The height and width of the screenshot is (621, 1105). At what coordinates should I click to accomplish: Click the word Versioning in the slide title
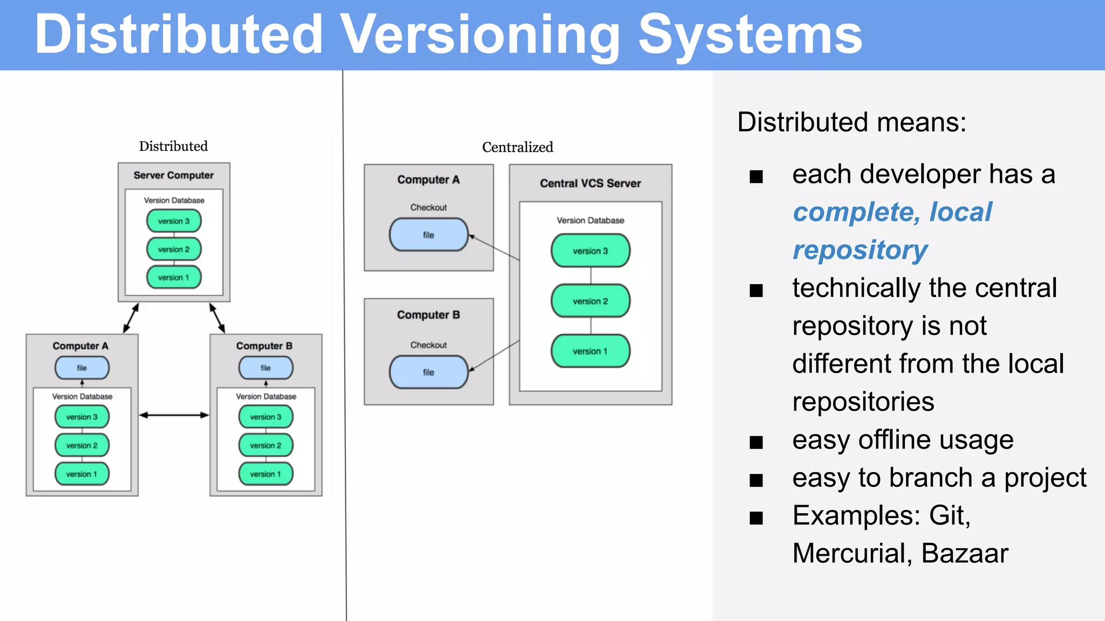pyautogui.click(x=480, y=34)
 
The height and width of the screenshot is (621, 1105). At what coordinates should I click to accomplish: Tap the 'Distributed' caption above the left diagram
pyautogui.click(x=173, y=146)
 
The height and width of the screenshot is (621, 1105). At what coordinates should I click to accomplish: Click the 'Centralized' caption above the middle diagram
pyautogui.click(x=517, y=147)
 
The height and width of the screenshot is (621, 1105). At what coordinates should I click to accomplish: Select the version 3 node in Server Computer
pyautogui.click(x=174, y=221)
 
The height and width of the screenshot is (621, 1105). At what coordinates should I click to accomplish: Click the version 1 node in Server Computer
pyautogui.click(x=174, y=277)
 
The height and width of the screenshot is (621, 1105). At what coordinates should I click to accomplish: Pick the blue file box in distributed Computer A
pyautogui.click(x=82, y=368)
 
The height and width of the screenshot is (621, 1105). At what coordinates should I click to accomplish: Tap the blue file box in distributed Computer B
pyautogui.click(x=266, y=368)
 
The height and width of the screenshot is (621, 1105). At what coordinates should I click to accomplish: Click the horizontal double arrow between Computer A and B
pyautogui.click(x=174, y=415)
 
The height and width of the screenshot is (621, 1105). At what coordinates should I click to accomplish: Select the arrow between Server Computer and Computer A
pyautogui.click(x=131, y=318)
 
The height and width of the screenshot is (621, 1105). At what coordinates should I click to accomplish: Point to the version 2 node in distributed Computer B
pyautogui.click(x=266, y=445)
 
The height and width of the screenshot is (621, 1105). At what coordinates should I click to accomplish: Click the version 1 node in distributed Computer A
pyautogui.click(x=82, y=474)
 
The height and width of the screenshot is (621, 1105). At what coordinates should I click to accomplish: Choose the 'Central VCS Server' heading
pyautogui.click(x=590, y=183)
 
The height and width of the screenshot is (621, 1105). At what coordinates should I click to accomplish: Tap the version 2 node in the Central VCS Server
pyautogui.click(x=590, y=301)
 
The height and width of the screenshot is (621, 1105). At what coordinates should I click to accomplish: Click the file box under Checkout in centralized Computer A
pyautogui.click(x=428, y=235)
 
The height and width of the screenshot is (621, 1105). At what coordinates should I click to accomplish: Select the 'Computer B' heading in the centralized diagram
pyautogui.click(x=428, y=315)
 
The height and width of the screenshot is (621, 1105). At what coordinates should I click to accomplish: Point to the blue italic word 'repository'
pyautogui.click(x=860, y=250)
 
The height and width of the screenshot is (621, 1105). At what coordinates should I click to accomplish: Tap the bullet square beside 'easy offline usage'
pyautogui.click(x=756, y=443)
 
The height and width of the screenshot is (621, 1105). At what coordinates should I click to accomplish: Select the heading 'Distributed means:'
pyautogui.click(x=851, y=122)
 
